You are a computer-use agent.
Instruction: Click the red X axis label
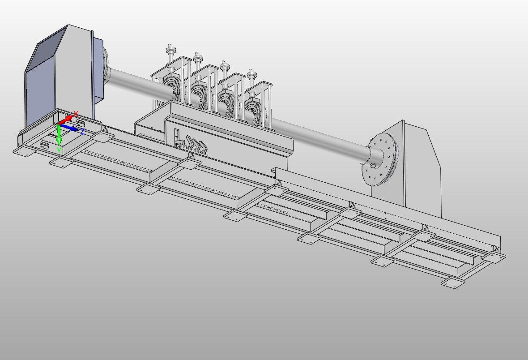coord(76,115)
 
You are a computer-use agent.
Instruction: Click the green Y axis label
coord(59,151)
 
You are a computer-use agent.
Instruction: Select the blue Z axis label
coord(82,132)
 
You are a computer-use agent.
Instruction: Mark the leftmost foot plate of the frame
coord(23,152)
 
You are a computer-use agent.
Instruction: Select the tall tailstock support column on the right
coord(421,170)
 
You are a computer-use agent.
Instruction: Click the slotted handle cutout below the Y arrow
coord(45,146)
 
